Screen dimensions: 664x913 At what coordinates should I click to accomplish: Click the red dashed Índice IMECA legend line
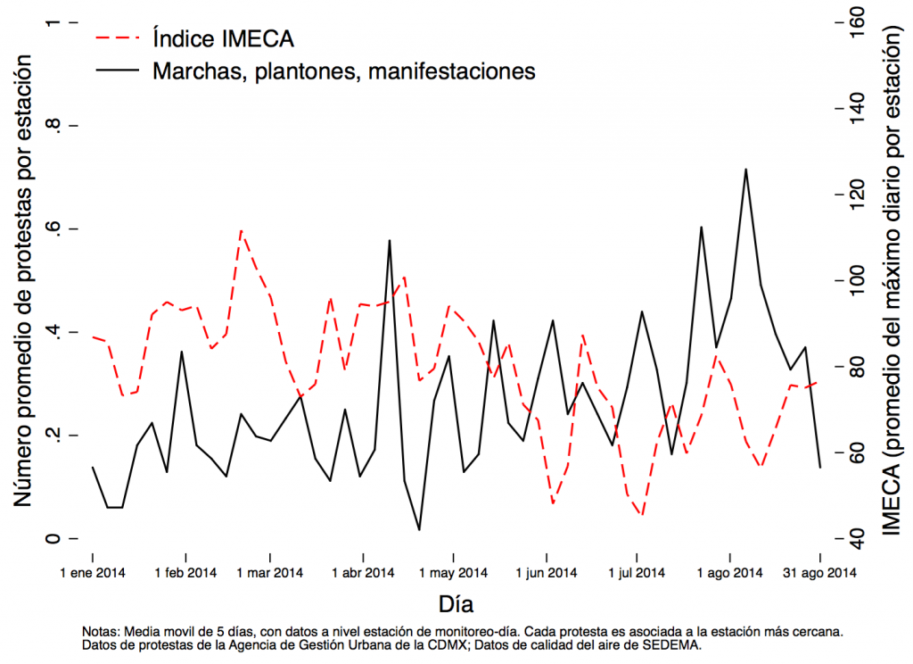click(119, 38)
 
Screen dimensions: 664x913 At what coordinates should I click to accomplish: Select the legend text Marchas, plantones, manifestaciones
click(344, 71)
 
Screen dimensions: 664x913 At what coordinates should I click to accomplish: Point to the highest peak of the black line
click(745, 169)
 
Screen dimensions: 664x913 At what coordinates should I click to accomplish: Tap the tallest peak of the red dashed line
click(241, 230)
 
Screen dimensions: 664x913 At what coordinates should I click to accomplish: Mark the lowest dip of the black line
click(419, 530)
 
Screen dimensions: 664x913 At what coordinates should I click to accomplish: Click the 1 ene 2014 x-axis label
click(93, 572)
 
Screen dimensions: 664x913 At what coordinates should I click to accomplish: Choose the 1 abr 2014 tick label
click(362, 572)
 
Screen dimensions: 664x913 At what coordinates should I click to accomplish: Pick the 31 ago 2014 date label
click(817, 572)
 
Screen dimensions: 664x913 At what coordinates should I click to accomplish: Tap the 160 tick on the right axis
click(857, 21)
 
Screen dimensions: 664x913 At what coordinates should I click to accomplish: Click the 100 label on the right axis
click(857, 280)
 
